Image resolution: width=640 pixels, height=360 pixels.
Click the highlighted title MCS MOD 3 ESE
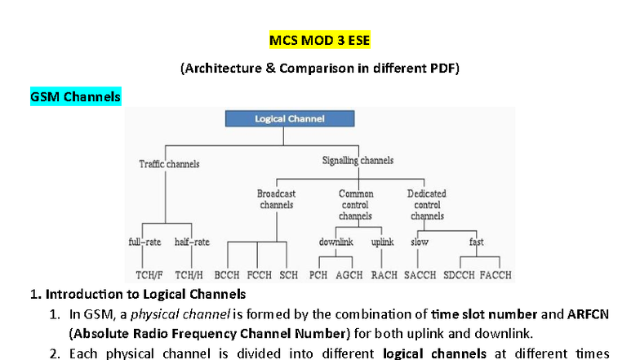click(x=319, y=40)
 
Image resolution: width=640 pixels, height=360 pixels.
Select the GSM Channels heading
click(x=75, y=97)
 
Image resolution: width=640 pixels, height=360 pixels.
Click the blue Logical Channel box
click(x=290, y=119)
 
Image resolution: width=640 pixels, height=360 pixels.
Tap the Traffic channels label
click(x=169, y=164)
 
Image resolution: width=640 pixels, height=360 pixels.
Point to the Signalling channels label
click(x=358, y=161)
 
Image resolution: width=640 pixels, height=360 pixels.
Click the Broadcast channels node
click(x=276, y=199)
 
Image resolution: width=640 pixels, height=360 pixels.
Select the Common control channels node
click(x=356, y=205)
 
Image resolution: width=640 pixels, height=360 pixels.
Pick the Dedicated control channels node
click(x=427, y=205)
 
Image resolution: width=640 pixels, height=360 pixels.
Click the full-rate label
click(x=145, y=242)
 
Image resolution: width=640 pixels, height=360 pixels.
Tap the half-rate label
click(x=192, y=242)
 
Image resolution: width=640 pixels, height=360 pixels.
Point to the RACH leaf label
click(x=384, y=275)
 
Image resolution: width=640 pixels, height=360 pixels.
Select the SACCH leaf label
click(x=420, y=275)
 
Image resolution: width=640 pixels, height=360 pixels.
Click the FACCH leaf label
click(x=496, y=275)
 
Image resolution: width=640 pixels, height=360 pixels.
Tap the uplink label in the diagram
click(x=382, y=242)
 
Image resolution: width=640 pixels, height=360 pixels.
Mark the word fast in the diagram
click(x=476, y=242)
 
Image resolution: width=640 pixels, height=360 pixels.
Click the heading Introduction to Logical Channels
click(x=146, y=294)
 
